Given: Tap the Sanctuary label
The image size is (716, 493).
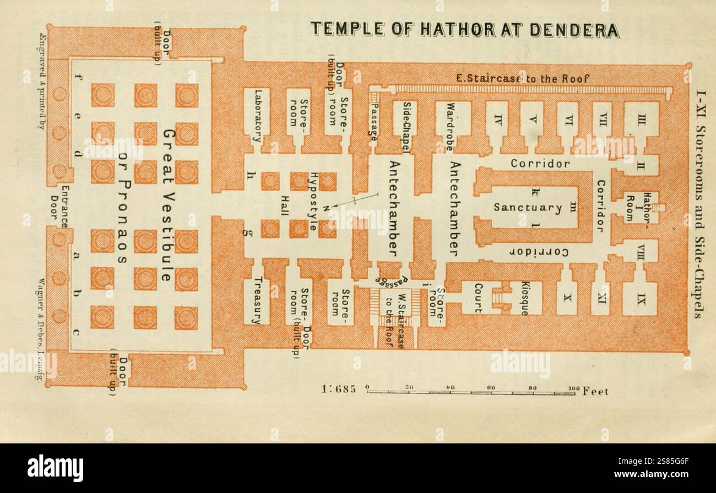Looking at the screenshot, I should pyautogui.click(x=527, y=208).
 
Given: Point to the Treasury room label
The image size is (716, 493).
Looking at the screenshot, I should pyautogui.click(x=257, y=300).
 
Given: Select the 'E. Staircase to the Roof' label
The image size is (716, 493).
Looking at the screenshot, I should pyautogui.click(x=523, y=79).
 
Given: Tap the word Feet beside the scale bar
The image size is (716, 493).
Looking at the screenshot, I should pyautogui.click(x=595, y=391).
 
